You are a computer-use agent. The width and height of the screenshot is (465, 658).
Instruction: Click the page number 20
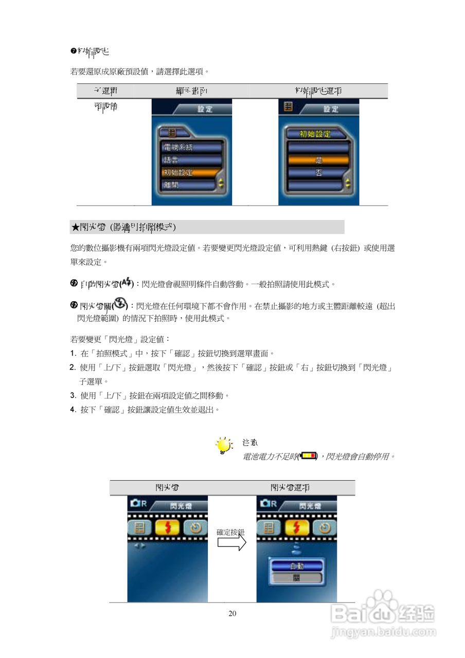point(232,613)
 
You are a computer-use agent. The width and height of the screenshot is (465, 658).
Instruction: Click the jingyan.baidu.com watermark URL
point(383,631)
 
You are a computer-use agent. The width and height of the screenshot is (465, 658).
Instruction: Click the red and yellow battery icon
point(308,455)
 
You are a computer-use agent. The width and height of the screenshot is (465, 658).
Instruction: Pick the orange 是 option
point(318,160)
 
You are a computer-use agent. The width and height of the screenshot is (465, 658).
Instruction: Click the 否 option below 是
point(318,173)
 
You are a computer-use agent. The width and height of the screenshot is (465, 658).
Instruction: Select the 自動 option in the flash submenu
point(297,565)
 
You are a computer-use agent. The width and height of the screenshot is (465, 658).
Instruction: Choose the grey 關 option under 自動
point(297,578)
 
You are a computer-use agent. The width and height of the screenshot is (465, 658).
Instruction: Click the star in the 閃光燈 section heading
point(75,227)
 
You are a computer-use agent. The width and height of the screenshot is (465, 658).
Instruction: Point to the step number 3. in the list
point(73,396)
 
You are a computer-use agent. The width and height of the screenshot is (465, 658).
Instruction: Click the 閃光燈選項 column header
point(290,487)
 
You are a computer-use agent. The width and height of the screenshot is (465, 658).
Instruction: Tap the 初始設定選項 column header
point(318,91)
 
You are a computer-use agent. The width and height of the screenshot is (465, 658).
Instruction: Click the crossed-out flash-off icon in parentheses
point(120,304)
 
